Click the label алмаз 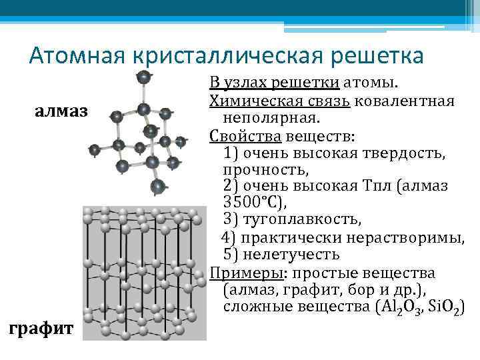tap(61, 110)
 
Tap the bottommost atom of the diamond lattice tap(157, 187)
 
